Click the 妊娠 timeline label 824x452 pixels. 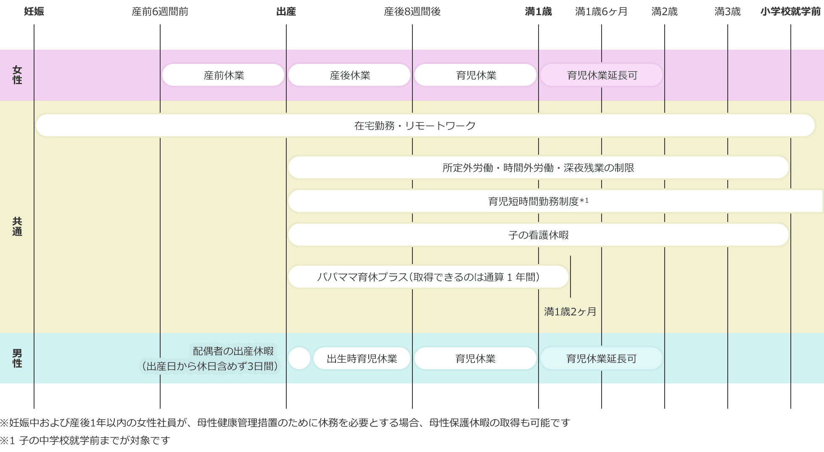pyautogui.click(x=34, y=12)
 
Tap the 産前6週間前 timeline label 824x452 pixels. pyautogui.click(x=160, y=12)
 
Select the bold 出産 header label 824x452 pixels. pyautogui.click(x=286, y=12)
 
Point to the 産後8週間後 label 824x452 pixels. pyautogui.click(x=412, y=12)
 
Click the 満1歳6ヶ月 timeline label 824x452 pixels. pyautogui.click(x=601, y=12)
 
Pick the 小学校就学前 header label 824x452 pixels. pyautogui.click(x=790, y=12)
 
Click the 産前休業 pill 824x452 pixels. pyautogui.click(x=223, y=75)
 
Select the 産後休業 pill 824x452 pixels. pyautogui.click(x=349, y=75)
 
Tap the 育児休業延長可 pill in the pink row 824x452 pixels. pyautogui.click(x=602, y=75)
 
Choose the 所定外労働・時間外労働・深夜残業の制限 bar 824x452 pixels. pyautogui.click(x=538, y=168)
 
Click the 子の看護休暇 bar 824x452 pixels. pyautogui.click(x=538, y=235)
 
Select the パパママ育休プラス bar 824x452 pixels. pyautogui.click(x=428, y=277)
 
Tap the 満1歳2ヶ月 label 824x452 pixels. pyautogui.click(x=570, y=312)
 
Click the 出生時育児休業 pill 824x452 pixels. pyautogui.click(x=362, y=359)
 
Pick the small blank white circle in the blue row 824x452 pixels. pyautogui.click(x=299, y=359)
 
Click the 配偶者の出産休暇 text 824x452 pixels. pyautogui.click(x=233, y=351)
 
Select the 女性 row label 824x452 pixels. pyautogui.click(x=17, y=75)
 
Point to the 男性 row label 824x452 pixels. pyautogui.click(x=17, y=358)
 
